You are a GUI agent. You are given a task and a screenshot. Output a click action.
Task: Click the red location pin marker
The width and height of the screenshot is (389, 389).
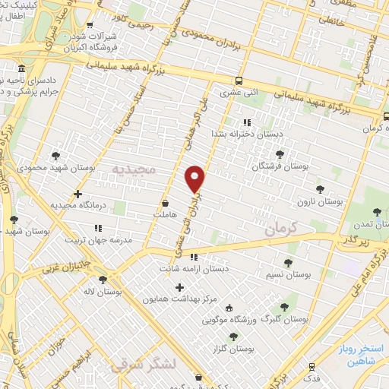195,179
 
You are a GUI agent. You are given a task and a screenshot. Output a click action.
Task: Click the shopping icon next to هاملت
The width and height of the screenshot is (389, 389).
166,204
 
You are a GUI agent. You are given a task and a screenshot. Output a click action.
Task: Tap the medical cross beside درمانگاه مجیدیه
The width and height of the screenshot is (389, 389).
77,194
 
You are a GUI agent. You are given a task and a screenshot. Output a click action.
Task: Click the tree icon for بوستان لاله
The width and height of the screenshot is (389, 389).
102,280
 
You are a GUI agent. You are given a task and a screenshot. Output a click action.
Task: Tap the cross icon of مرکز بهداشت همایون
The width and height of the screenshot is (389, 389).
179,287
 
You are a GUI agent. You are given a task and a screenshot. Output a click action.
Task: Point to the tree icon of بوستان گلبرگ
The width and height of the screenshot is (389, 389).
284,307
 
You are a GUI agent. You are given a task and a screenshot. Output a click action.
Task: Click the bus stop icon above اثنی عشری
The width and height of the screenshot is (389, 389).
239,81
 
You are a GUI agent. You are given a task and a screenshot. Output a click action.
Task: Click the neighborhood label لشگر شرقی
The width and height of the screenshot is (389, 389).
144,365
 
